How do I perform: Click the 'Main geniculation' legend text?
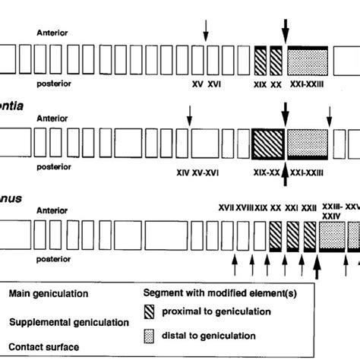(x=46, y=291)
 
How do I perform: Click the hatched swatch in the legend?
(x=155, y=316)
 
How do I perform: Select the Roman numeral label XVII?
(x=226, y=207)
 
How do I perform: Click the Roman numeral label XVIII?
(x=244, y=207)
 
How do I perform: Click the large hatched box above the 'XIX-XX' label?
(x=267, y=142)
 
